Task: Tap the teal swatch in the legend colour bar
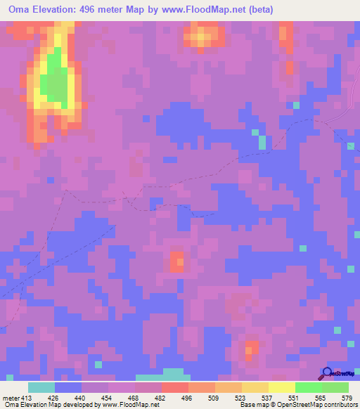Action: click(x=41, y=387)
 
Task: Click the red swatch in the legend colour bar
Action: click(x=175, y=387)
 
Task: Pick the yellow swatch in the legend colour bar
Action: click(x=282, y=387)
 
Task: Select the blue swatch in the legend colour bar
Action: click(x=68, y=387)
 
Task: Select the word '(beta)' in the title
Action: click(x=258, y=10)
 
